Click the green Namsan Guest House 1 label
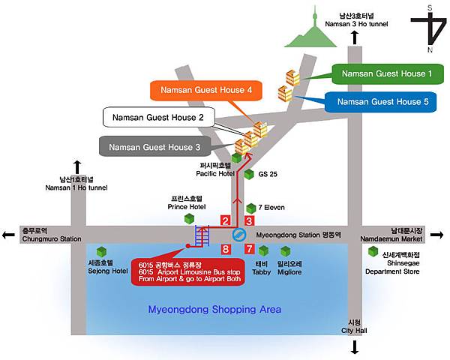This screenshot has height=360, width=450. point(387,73)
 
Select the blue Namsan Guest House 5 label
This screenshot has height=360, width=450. point(381,101)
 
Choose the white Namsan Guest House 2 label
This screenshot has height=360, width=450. point(158,118)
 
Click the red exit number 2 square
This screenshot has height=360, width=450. point(225,220)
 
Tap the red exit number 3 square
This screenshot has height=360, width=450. point(250,220)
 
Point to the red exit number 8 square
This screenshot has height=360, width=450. point(225,248)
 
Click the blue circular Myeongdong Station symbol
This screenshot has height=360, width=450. point(237,235)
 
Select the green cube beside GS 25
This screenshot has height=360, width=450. point(249,174)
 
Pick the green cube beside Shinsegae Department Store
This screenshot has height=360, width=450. point(373,251)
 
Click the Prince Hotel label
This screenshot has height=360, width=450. point(187,202)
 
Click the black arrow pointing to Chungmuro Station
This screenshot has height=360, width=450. point(7,235)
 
